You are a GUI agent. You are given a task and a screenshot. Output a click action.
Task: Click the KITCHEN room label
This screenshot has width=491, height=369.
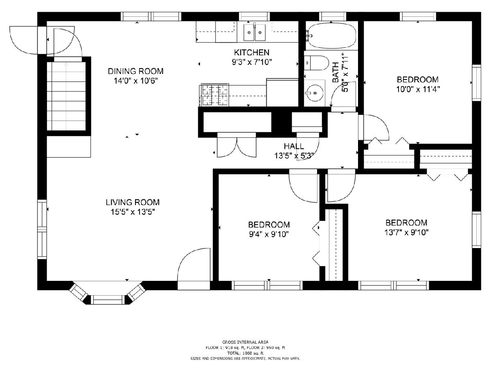[251, 52]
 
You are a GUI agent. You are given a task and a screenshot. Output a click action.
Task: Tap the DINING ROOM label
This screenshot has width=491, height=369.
[135, 71]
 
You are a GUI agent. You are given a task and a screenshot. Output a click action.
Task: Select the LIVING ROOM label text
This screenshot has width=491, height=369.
[133, 202]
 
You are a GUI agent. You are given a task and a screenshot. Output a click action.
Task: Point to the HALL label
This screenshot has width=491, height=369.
[294, 146]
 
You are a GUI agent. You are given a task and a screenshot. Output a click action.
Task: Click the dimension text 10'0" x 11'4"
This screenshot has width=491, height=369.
[418, 89]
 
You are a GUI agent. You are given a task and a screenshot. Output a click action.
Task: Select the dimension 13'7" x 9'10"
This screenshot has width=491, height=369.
[406, 232]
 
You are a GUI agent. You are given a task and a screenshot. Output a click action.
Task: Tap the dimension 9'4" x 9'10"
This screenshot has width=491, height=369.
[269, 234]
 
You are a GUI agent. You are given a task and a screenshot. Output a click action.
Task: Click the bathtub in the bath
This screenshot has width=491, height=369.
[331, 35]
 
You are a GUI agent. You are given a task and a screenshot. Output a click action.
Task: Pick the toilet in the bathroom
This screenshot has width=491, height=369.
[316, 63]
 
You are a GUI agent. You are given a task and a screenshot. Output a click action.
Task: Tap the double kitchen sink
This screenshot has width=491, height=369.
[255, 32]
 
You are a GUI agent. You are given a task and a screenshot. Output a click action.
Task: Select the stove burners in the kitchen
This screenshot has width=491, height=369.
[215, 95]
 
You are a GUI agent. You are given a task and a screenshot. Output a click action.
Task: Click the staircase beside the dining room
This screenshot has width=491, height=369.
[66, 96]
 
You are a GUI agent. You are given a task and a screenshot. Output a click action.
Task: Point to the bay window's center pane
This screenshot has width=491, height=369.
[109, 300]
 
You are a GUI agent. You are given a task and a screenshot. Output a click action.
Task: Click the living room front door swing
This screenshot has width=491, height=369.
[194, 265]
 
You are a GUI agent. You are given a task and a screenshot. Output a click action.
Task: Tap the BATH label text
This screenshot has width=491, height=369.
[335, 73]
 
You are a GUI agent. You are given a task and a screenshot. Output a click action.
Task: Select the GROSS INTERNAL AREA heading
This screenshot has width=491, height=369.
[245, 342]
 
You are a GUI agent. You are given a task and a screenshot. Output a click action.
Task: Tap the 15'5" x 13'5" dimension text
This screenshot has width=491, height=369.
[133, 212]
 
